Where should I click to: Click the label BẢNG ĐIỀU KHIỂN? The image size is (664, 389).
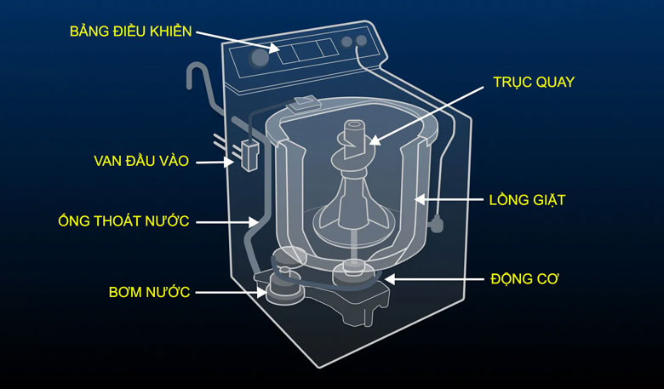130,32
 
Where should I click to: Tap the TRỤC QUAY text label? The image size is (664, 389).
534,83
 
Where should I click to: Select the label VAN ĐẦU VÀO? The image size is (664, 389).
140,161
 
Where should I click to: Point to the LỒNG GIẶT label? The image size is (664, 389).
527,200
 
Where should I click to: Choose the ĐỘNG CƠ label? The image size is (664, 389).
524,278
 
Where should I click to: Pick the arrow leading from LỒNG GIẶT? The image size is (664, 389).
447,200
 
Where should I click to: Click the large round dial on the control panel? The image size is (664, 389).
259,59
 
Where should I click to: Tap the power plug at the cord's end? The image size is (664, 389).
438,226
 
